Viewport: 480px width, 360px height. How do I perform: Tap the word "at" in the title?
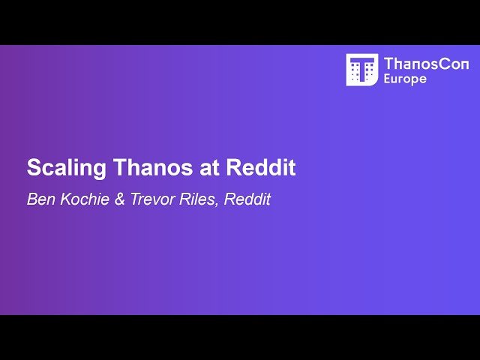(210, 168)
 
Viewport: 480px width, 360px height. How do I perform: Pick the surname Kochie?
(82, 200)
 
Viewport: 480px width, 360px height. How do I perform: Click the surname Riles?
(193, 200)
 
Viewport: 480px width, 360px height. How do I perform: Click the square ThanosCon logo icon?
(361, 70)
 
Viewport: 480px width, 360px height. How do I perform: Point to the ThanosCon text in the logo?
(426, 64)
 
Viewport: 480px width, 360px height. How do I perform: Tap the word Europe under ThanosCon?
(405, 79)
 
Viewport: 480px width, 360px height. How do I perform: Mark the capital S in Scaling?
(33, 168)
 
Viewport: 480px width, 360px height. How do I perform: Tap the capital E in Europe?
(388, 79)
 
